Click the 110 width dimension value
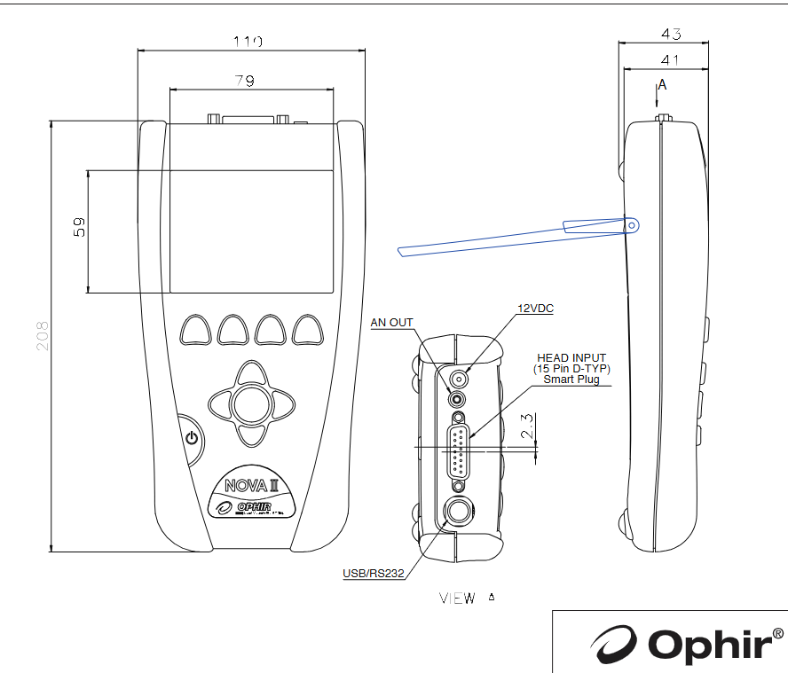click(x=248, y=41)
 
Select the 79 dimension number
click(x=245, y=81)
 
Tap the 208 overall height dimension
click(x=42, y=335)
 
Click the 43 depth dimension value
click(x=671, y=35)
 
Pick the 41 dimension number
click(x=671, y=59)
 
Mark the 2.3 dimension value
click(x=527, y=428)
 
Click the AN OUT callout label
click(x=391, y=323)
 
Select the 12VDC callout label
click(x=536, y=309)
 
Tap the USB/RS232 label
click(x=374, y=574)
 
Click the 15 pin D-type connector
click(x=459, y=451)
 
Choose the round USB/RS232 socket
click(x=459, y=512)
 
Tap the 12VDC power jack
click(x=459, y=378)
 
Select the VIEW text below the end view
click(x=457, y=599)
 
